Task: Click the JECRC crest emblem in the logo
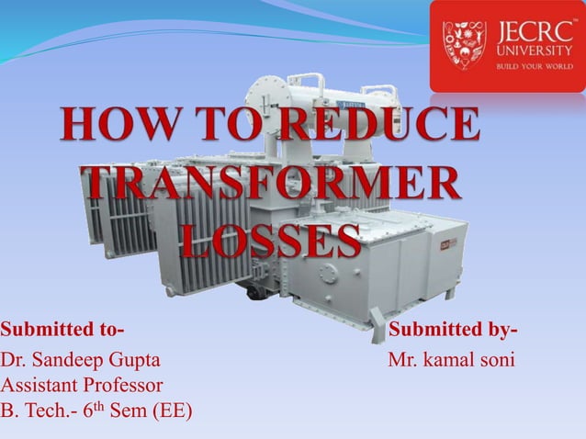point(464,46)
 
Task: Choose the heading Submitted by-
point(453,330)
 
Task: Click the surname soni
point(498,358)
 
